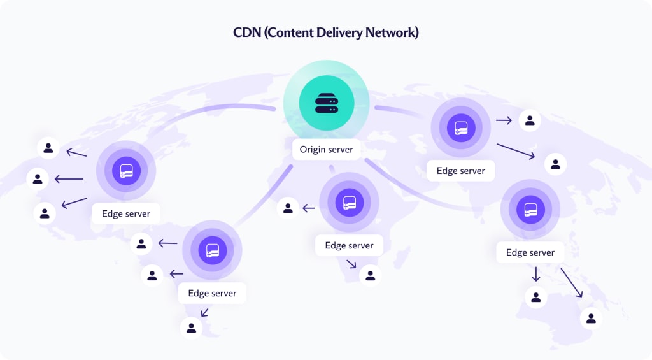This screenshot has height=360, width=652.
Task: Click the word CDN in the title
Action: (247, 32)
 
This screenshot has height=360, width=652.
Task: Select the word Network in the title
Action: (390, 32)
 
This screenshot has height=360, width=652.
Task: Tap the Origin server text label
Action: (326, 150)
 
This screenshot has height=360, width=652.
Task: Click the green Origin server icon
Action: (326, 103)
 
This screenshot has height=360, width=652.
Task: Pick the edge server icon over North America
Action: (126, 171)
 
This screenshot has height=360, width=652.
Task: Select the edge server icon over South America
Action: (212, 250)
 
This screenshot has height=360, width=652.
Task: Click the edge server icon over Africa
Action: (349, 203)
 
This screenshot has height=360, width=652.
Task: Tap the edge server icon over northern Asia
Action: (461, 128)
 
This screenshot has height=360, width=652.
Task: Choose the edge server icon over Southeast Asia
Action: (530, 209)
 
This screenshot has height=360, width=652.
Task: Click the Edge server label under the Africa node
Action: (349, 245)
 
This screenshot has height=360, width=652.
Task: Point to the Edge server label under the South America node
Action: (212, 293)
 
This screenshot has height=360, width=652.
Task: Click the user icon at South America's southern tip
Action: (191, 328)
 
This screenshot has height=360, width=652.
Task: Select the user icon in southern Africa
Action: (370, 275)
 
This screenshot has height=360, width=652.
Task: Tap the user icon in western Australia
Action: (536, 297)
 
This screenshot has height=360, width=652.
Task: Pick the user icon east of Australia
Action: (591, 317)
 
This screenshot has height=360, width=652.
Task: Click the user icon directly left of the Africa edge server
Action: (288, 207)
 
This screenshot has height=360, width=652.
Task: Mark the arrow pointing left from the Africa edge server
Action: (309, 208)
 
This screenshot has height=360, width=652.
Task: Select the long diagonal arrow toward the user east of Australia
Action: (571, 282)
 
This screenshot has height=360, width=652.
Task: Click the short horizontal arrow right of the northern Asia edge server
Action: (504, 120)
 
